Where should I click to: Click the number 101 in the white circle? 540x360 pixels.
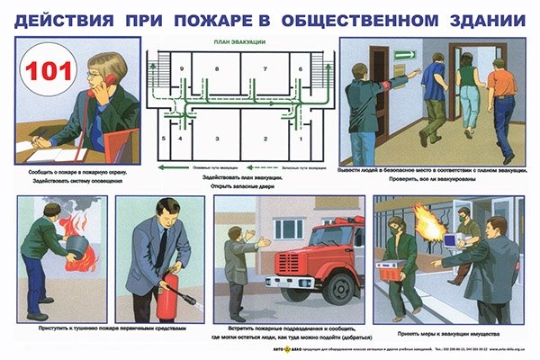pyautogui.click(x=42, y=72)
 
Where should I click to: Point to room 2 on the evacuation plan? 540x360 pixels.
pyautogui.click(x=264, y=137)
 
